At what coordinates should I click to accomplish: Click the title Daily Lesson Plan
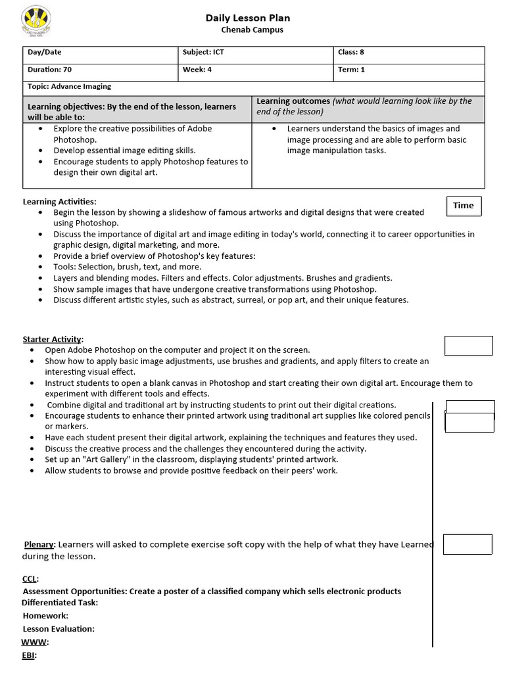coord(248,18)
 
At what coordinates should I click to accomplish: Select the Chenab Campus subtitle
coord(252,30)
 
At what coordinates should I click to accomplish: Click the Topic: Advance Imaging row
coord(254,87)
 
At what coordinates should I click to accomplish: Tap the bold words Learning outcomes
coord(293,101)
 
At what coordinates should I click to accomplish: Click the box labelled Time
coord(464,206)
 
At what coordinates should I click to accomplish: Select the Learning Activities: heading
coord(60,202)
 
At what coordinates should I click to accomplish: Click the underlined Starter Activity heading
coord(53,339)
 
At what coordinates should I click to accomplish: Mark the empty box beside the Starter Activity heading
coord(468,346)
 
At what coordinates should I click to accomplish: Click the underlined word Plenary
coord(39,544)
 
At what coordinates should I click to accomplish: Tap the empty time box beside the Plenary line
coord(468,544)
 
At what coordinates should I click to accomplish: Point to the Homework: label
coord(45,616)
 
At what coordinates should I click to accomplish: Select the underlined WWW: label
coord(35,642)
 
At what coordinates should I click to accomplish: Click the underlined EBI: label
coord(30,655)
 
